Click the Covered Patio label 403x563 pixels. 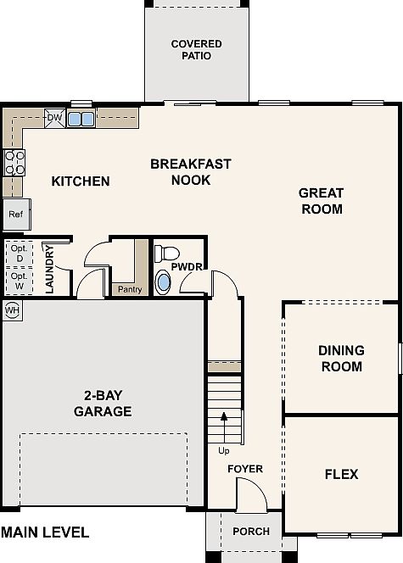[x=197, y=49]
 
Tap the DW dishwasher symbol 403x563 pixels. [x=55, y=118]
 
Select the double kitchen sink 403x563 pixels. [x=81, y=119]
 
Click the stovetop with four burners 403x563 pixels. [x=14, y=163]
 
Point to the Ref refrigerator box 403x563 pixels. [x=16, y=215]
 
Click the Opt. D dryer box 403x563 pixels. [x=20, y=254]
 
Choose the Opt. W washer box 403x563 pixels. [x=20, y=281]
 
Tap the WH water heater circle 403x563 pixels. [x=12, y=309]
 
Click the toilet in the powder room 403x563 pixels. [x=166, y=254]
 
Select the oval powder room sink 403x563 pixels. [x=163, y=283]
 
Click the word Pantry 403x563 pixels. [x=130, y=289]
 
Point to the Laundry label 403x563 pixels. [x=49, y=270]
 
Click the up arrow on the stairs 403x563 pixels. [x=224, y=427]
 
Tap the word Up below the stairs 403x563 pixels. [x=224, y=450]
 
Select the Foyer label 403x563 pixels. [x=245, y=469]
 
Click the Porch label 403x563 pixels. [x=251, y=531]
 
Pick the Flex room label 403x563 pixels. [x=342, y=474]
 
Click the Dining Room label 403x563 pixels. [x=342, y=359]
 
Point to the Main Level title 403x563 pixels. [x=45, y=532]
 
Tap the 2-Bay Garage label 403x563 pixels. [x=104, y=404]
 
